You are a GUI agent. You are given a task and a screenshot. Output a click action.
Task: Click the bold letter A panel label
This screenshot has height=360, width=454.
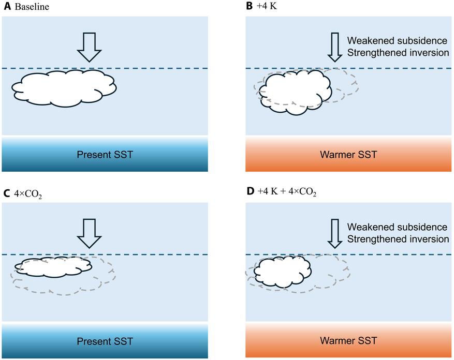click(7, 6)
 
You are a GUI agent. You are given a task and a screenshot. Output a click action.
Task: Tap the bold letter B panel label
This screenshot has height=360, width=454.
click(250, 6)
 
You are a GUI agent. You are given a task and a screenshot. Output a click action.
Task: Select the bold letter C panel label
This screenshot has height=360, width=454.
click(6, 193)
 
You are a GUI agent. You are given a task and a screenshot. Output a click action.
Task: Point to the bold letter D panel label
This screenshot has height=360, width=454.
click(250, 191)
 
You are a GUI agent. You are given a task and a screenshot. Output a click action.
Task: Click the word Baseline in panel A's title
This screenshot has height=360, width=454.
click(32, 7)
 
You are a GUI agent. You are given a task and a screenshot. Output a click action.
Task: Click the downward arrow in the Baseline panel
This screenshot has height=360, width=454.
click(89, 47)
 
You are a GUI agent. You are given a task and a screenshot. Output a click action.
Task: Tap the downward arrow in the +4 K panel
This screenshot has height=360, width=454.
click(335, 47)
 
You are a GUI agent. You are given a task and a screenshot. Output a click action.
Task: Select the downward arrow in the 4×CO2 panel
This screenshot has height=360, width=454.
click(89, 233)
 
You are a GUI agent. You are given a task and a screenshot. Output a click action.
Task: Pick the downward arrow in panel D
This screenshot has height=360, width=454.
click(335, 233)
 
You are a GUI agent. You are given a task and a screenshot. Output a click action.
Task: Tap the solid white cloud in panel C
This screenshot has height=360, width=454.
click(53, 267)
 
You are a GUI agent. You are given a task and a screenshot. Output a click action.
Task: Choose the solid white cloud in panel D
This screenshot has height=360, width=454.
click(283, 272)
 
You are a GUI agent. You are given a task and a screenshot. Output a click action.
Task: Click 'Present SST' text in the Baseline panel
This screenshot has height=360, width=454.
click(105, 155)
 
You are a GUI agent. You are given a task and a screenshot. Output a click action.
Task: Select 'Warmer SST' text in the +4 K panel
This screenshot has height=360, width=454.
click(348, 155)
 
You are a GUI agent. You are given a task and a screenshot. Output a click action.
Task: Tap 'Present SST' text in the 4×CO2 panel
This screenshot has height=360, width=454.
click(105, 341)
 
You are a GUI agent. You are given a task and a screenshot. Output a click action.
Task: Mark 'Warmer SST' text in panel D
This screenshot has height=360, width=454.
click(348, 341)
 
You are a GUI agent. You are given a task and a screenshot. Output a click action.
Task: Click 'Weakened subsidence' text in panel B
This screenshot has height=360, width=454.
click(397, 41)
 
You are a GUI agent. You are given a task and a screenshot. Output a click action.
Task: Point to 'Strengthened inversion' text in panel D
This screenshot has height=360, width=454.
click(398, 239)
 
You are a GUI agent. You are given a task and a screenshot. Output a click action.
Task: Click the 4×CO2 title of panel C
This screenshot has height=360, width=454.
click(28, 193)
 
